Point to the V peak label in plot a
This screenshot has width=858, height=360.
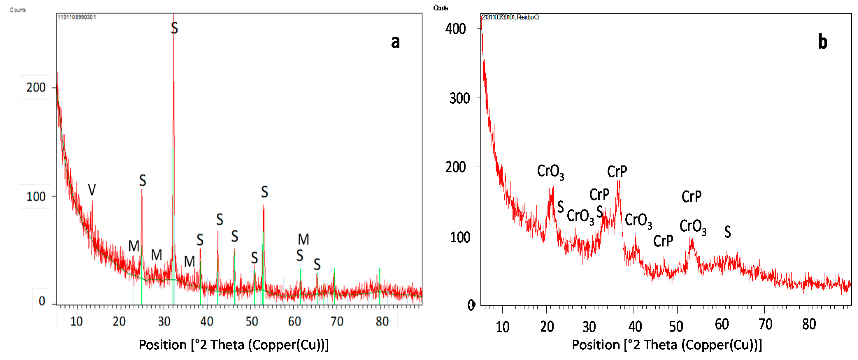coord(92,190)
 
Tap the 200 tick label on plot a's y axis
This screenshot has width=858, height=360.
coord(36,88)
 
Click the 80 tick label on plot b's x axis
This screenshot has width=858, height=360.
coord(809,324)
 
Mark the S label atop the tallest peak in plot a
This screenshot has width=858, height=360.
coord(174,28)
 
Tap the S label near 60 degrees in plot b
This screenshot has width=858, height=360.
coord(727,232)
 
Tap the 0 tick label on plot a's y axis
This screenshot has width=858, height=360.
coord(42,301)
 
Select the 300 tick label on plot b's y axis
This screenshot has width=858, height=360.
coord(459,98)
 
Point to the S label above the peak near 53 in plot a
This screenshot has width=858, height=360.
coord(265,192)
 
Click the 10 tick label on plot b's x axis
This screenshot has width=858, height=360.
coord(502,327)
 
